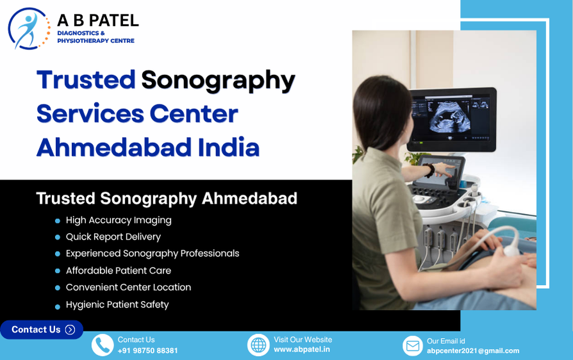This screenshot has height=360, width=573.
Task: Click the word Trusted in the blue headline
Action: [87, 80]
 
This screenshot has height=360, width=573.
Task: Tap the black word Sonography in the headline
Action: [218, 81]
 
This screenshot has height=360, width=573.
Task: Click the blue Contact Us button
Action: [42, 330]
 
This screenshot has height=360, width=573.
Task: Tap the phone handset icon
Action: [103, 345]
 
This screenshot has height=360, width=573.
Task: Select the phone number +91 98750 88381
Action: [147, 350]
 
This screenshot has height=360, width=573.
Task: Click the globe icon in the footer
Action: [258, 345]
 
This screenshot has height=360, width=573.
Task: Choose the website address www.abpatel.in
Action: [302, 349]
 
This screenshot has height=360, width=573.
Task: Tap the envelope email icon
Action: [413, 345]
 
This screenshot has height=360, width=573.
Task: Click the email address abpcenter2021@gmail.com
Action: [473, 351]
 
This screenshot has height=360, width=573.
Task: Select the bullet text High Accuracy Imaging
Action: [119, 220]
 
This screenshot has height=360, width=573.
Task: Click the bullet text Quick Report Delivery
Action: [113, 237]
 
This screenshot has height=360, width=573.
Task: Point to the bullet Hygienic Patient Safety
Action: [117, 305]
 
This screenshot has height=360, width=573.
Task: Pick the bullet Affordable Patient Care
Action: [119, 270]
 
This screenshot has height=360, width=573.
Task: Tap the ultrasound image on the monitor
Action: [449, 117]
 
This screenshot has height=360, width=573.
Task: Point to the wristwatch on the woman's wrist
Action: [429, 170]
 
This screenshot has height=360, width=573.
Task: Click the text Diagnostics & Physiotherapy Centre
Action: [95, 37]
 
